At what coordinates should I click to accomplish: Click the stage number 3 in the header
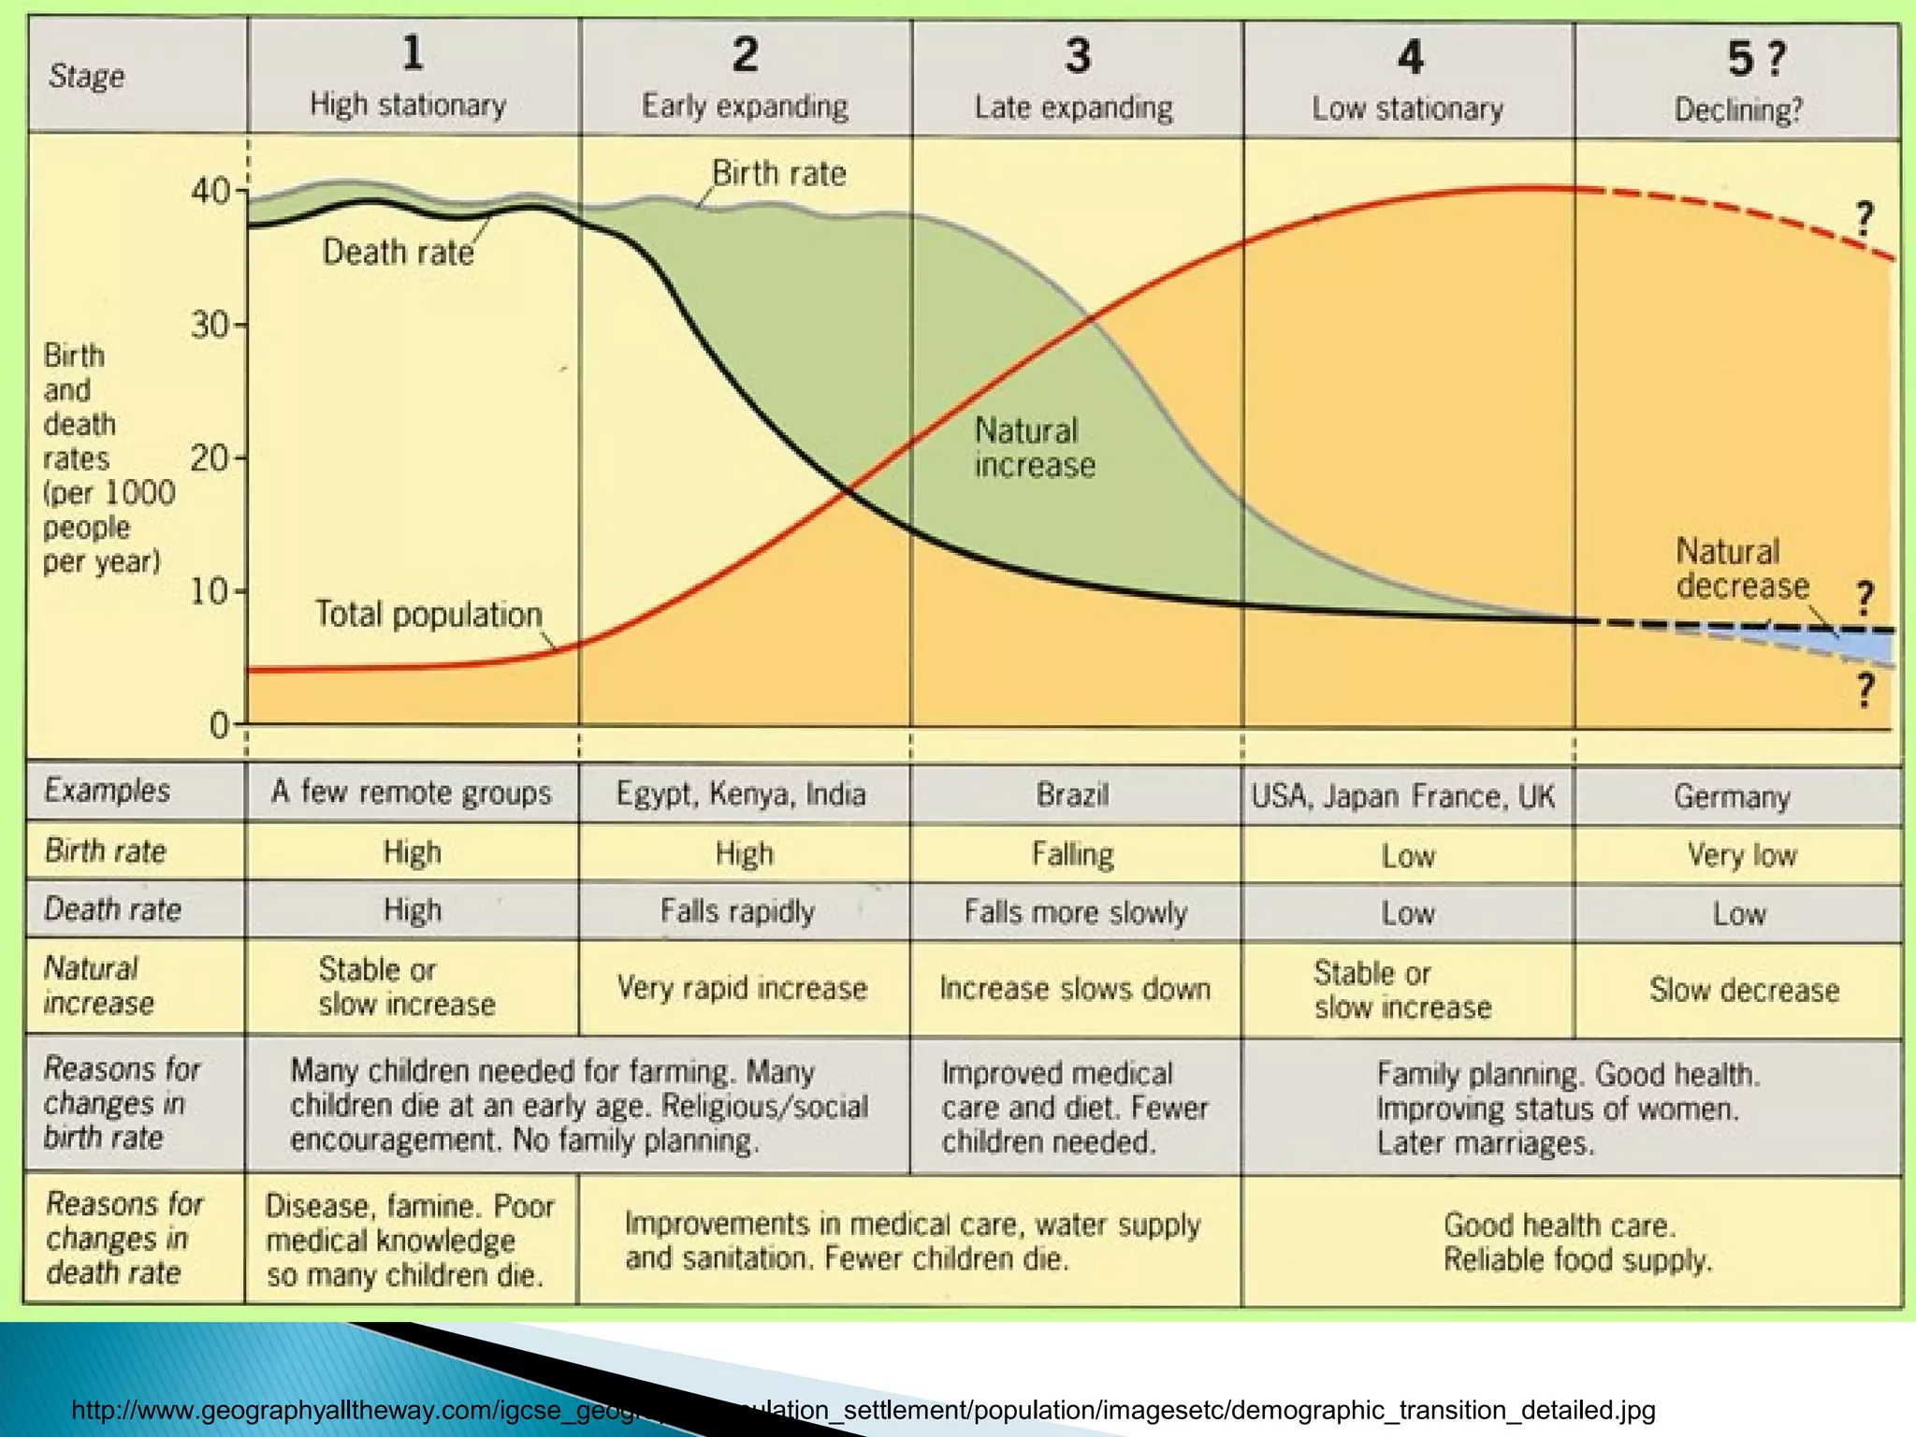(x=1078, y=56)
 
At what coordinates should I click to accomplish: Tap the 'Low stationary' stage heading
(x=1407, y=109)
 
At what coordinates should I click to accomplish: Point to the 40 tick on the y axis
(x=211, y=191)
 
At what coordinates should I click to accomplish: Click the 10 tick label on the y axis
(x=210, y=591)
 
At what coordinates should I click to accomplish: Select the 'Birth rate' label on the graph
(x=778, y=174)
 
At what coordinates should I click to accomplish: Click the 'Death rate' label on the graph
(x=398, y=253)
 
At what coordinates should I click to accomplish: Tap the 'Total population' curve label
(x=428, y=615)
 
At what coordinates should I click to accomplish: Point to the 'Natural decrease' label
(x=1741, y=569)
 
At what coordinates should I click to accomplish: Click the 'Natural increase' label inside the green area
(x=1033, y=448)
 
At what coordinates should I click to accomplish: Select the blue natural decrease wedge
(x=1866, y=646)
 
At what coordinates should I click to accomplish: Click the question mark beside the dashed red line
(x=1865, y=219)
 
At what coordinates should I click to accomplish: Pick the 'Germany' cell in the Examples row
(x=1732, y=797)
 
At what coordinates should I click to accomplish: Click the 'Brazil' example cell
(x=1072, y=795)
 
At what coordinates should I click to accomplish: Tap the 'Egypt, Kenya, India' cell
(x=741, y=794)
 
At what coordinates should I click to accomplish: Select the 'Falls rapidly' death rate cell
(x=737, y=911)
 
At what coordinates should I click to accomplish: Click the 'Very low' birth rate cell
(x=1741, y=855)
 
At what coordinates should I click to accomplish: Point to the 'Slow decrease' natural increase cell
(x=1744, y=990)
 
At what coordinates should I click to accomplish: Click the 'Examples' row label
(x=107, y=791)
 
